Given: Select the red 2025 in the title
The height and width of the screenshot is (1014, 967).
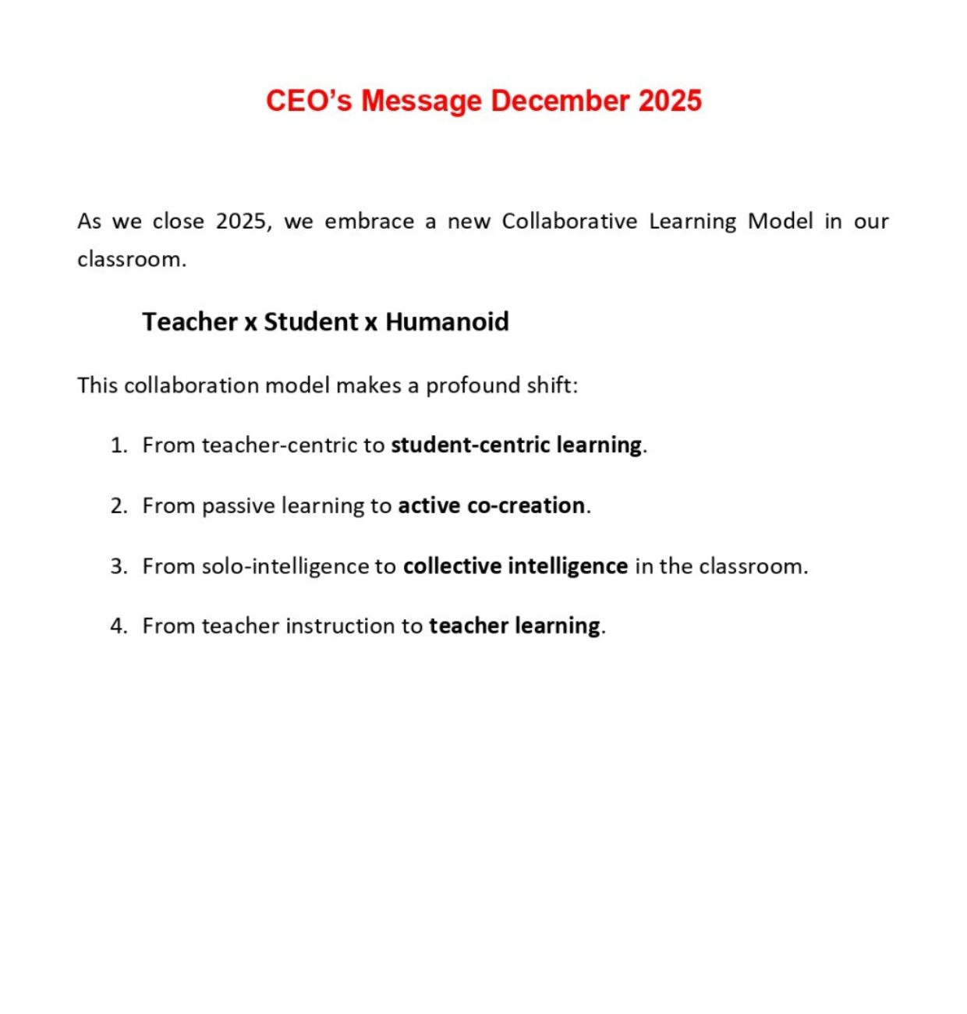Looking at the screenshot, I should pyautogui.click(x=670, y=101).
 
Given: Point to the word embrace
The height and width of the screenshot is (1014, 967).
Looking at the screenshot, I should pyautogui.click(x=370, y=222).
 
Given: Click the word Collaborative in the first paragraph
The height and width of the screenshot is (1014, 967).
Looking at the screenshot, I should pyautogui.click(x=569, y=222).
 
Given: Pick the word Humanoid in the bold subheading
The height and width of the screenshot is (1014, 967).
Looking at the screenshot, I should pyautogui.click(x=447, y=321).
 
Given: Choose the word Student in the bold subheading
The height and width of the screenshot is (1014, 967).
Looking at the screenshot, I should pyautogui.click(x=310, y=321).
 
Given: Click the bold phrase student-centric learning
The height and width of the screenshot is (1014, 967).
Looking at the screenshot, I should pyautogui.click(x=516, y=445).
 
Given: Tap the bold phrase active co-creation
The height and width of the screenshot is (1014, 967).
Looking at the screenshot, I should pyautogui.click(x=491, y=506).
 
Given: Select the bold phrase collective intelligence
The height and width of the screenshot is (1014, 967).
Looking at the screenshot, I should pyautogui.click(x=515, y=566).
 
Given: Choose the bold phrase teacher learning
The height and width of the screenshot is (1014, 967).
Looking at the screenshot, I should pyautogui.click(x=515, y=626).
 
